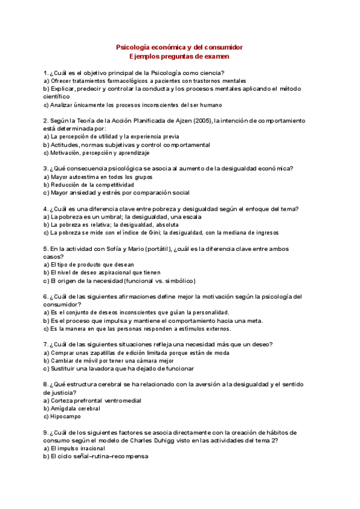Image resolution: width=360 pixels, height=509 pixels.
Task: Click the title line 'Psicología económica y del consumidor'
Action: click(x=179, y=47)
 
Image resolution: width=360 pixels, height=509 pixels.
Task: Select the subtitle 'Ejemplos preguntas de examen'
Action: click(x=179, y=56)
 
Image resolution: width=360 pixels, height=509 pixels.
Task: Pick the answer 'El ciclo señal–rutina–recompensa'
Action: click(x=96, y=456)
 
